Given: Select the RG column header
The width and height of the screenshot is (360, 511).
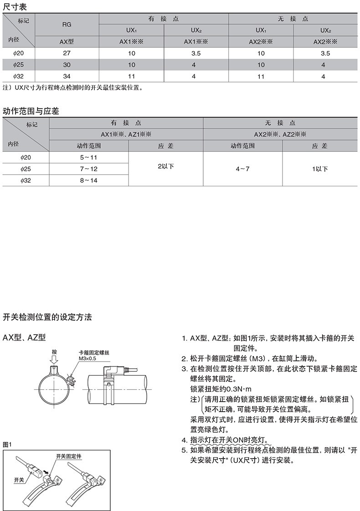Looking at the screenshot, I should (x=67, y=25).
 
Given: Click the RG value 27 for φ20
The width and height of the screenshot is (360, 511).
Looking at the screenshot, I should (x=67, y=53).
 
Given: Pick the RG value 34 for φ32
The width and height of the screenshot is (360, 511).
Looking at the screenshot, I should (x=67, y=76).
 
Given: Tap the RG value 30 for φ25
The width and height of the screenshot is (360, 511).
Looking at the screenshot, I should (x=67, y=65).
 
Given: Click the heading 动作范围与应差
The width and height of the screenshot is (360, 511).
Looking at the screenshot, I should (x=31, y=111).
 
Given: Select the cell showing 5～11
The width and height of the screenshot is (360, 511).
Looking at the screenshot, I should (x=88, y=157).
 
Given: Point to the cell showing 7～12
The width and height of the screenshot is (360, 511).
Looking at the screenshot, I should (x=88, y=169).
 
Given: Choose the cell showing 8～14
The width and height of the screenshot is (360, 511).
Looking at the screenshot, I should (x=88, y=181).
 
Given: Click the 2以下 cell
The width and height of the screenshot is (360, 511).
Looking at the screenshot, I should (x=165, y=166).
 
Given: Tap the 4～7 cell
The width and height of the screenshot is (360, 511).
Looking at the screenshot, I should (x=242, y=169).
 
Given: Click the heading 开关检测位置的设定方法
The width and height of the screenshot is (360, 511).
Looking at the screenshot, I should (x=47, y=316).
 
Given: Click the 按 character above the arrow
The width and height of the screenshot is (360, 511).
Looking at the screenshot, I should (x=54, y=352).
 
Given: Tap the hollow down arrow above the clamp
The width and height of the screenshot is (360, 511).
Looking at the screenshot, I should (x=54, y=361).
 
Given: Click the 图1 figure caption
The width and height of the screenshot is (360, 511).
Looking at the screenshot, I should (x=7, y=444).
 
